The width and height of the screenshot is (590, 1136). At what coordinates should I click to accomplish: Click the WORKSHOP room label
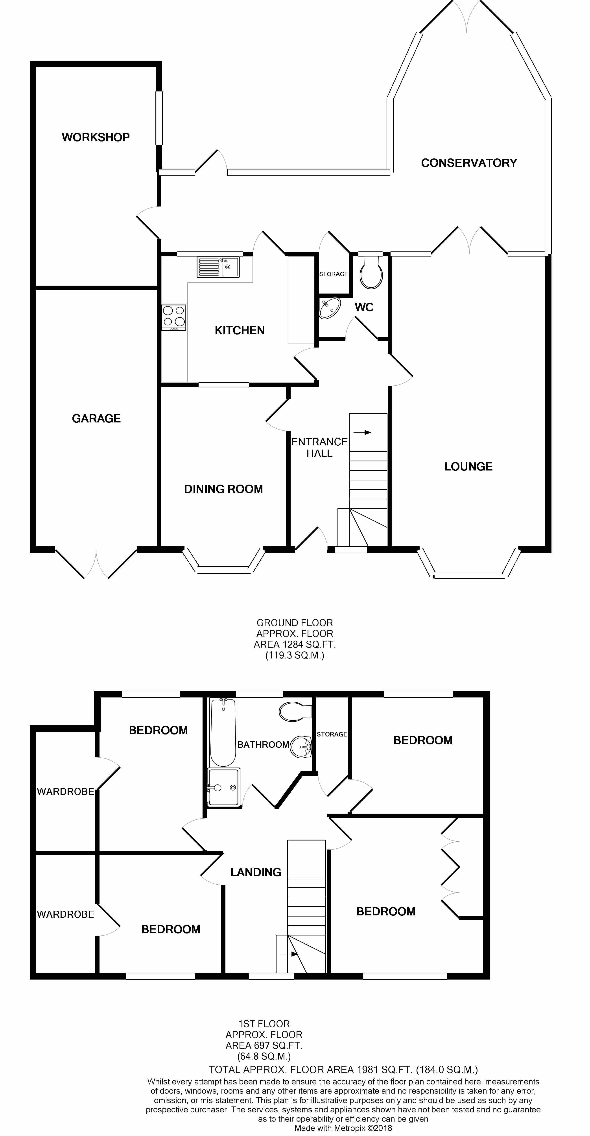coord(96,137)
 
